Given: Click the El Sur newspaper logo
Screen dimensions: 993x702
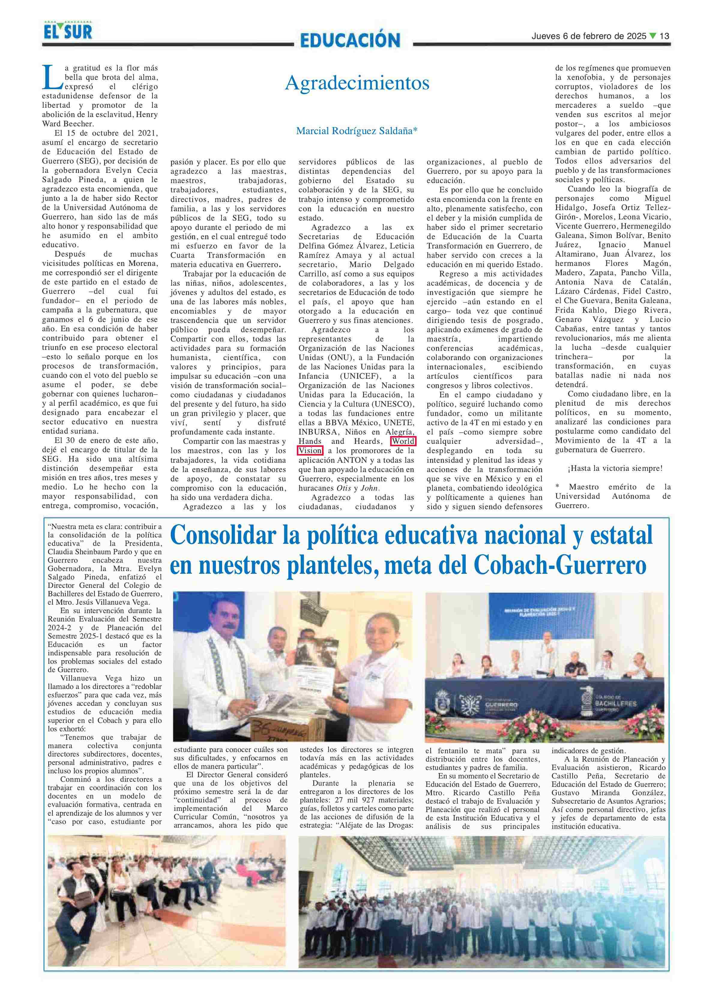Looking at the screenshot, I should [68, 31].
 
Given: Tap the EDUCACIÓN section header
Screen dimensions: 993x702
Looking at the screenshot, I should [350, 41].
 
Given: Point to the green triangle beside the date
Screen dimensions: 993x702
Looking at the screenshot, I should [653, 36].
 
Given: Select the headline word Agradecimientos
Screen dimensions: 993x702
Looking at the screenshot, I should [357, 83].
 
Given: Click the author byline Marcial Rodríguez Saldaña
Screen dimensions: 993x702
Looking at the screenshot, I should [357, 131].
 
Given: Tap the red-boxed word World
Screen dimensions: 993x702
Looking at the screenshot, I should [403, 441].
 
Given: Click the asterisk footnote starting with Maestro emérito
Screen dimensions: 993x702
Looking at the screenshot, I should [613, 496].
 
